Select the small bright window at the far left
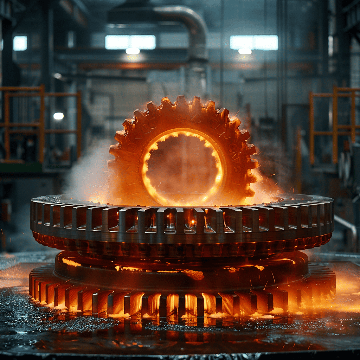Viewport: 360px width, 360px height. click(20, 43)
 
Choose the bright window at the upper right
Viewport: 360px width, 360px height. click(254, 42)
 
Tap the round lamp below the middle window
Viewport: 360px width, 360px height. click(133, 51)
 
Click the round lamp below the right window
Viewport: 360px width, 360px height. click(245, 51)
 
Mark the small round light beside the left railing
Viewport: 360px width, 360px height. click(58, 116)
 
